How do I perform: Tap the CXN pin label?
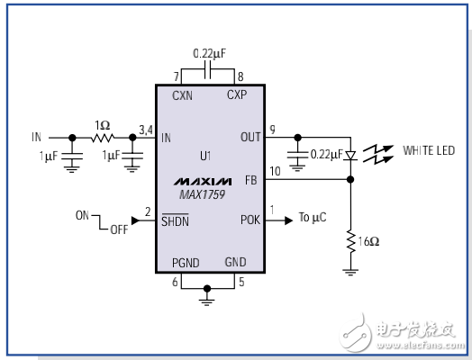pos(184,93)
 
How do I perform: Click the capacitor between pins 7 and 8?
pos(208,68)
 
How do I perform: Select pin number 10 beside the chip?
pos(274,171)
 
